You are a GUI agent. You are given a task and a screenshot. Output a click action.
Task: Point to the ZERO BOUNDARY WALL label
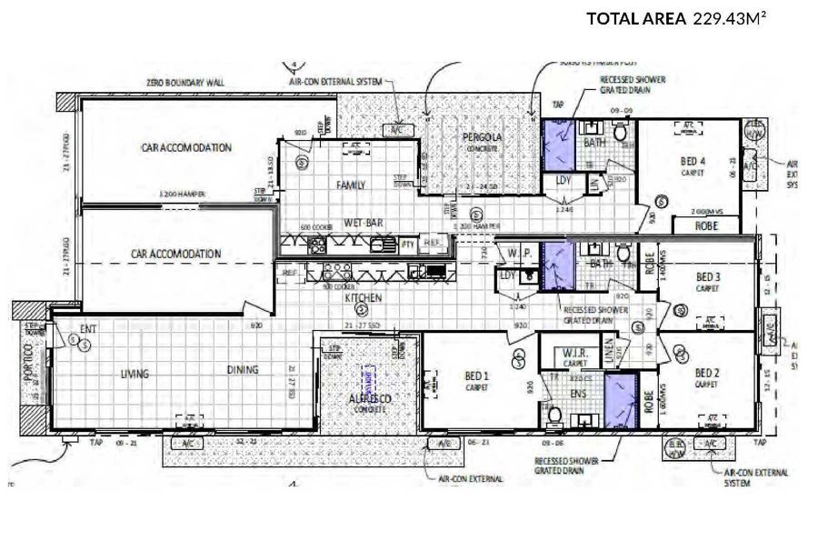pos(185,82)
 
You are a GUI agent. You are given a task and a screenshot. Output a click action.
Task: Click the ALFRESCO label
pos(370,399)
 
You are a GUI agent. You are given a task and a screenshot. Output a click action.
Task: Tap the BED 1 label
pos(474,376)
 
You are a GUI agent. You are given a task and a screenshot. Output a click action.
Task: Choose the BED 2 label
pos(708,373)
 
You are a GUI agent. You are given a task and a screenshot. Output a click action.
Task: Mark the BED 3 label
pos(708,277)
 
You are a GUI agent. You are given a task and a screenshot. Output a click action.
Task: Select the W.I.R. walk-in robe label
pos(574,354)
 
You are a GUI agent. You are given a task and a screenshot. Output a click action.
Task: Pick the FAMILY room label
pos(350,185)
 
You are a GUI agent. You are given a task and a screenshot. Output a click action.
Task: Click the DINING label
pos(243,370)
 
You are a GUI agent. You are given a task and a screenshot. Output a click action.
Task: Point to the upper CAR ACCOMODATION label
pos(186,147)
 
